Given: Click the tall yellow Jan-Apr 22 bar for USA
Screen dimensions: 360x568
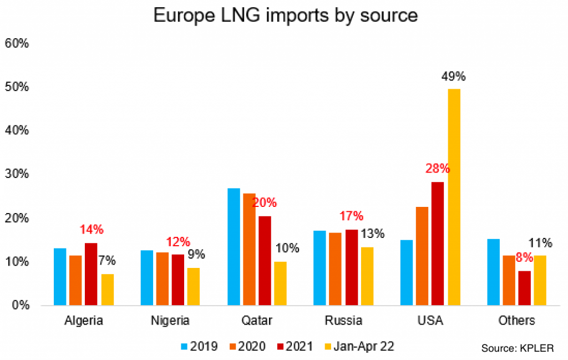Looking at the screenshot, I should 454,197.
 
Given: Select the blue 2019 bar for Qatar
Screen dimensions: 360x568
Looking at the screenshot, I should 234,247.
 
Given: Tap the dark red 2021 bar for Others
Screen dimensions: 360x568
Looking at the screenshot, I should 524,288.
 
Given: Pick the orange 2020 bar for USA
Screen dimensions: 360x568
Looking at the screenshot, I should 422,256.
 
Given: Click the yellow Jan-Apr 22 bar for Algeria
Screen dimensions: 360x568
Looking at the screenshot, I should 108,290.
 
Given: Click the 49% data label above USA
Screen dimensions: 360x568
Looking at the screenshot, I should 453,76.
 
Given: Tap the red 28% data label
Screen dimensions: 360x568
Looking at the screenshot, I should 438,169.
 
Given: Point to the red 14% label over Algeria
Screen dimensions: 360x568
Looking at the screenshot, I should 92,230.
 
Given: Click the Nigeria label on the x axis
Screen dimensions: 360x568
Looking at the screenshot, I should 170,321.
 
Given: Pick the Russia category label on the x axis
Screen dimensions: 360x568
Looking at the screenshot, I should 343,321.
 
